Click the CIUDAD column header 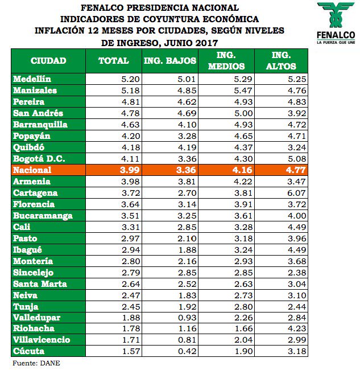pos(48,60)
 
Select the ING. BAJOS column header pos(170,60)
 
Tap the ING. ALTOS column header pos(282,60)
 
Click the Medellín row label pos(32,79)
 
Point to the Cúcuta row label pos(28,351)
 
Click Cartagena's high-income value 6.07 pos(296,193)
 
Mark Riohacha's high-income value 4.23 pos(296,328)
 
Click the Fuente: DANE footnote pos(36,363)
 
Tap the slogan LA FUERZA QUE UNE pos(336,42)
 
